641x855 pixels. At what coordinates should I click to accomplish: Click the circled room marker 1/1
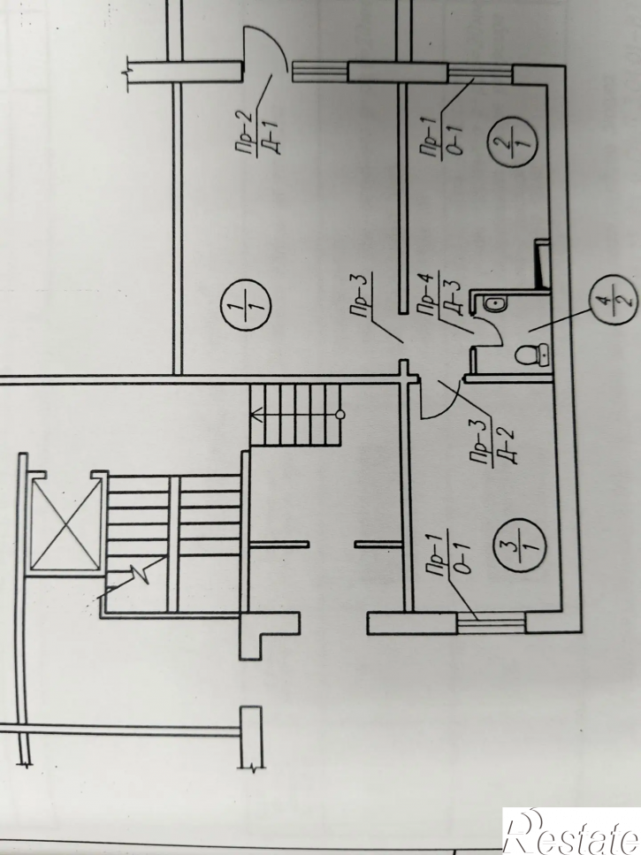(246, 305)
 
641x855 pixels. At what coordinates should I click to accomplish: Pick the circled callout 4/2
(614, 300)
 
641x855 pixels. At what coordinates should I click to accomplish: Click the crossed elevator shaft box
(66, 525)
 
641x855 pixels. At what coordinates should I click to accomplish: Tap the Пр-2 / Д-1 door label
(259, 133)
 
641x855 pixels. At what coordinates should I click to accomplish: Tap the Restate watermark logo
(572, 831)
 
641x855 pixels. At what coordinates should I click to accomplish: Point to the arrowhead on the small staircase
(256, 417)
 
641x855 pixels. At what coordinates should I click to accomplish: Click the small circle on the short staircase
(340, 416)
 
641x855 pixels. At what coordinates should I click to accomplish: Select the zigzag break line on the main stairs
(130, 576)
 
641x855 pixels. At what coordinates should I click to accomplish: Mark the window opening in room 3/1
(491, 623)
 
